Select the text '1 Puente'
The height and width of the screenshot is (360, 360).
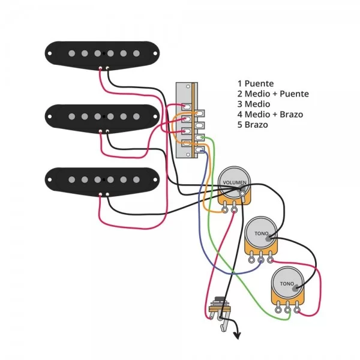click(256, 84)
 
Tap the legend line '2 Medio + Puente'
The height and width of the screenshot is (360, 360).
click(273, 94)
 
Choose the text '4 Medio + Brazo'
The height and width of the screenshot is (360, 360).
click(269, 115)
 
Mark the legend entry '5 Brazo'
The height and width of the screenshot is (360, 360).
click(253, 125)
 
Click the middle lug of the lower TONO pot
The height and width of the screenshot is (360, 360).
click(289, 309)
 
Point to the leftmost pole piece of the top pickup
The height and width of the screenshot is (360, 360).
click(71, 53)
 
